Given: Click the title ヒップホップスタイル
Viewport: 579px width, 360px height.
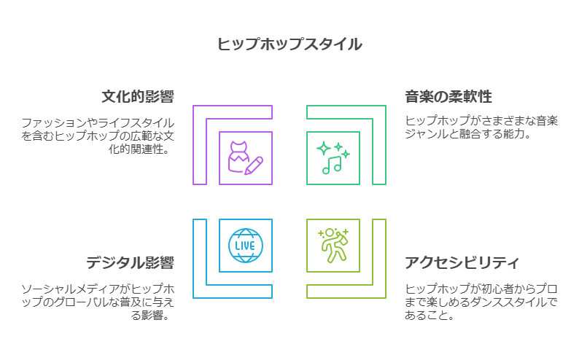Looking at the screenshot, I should (x=289, y=44).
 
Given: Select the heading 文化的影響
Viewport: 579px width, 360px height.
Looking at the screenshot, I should (x=138, y=98).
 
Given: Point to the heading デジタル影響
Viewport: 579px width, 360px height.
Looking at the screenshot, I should (x=130, y=263).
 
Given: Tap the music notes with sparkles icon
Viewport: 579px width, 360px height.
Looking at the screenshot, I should (x=333, y=157).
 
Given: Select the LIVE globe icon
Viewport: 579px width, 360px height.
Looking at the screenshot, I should (x=245, y=246).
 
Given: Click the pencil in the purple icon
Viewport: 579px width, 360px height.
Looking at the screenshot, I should (x=254, y=165).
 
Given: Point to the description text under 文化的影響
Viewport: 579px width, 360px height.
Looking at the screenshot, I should (x=98, y=136).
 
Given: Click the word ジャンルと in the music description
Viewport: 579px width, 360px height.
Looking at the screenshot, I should (x=430, y=135).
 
